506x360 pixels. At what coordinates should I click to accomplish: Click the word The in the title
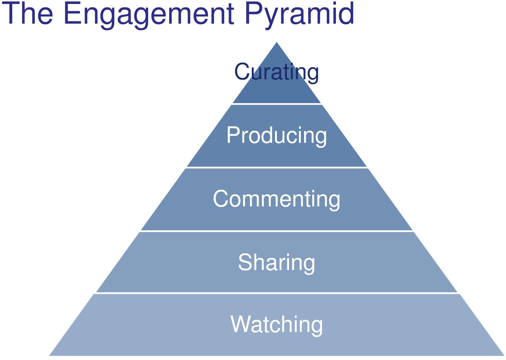[x=27, y=13]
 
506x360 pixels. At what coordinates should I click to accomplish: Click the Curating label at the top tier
[x=276, y=72]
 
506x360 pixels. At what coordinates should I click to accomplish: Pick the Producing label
[x=276, y=136]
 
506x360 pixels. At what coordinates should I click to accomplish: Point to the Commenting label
[x=276, y=200]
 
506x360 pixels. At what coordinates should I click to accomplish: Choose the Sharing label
[x=276, y=263]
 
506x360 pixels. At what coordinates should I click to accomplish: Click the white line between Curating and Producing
[x=277, y=104]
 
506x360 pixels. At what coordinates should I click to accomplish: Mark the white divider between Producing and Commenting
[x=277, y=168]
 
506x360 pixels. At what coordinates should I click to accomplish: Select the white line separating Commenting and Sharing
[x=277, y=231]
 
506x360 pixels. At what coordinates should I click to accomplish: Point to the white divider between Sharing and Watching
[x=277, y=293]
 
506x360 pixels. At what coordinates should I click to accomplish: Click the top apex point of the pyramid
[x=277, y=42]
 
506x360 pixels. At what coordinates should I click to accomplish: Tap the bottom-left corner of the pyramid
[x=49, y=355]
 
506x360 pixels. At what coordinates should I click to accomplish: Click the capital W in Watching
[x=240, y=324]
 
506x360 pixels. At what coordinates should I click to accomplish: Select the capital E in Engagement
[x=73, y=13]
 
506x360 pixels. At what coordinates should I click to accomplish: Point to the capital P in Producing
[x=234, y=135]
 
